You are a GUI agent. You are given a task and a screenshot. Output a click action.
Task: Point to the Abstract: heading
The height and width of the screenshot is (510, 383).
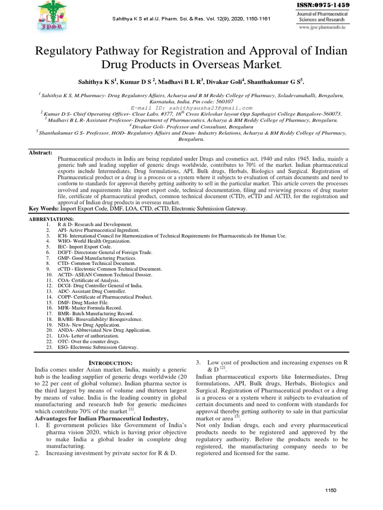[40, 152]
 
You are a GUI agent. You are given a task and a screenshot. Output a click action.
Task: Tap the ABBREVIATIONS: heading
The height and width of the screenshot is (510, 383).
[51, 219]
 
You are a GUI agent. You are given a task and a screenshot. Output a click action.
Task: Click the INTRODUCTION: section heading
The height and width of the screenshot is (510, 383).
[110, 363]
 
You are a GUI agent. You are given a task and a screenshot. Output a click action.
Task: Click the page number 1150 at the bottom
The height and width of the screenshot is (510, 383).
[331, 491]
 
